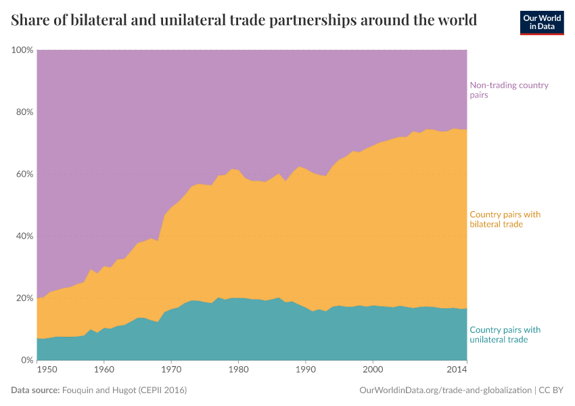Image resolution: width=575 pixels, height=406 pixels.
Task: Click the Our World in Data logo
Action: (x=541, y=22)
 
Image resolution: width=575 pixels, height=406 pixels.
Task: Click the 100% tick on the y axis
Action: (x=22, y=50)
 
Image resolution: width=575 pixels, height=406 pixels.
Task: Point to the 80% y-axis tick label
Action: (x=24, y=112)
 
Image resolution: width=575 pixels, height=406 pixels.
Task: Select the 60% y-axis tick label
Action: (x=24, y=174)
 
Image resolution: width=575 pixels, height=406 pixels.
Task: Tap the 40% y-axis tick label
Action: (x=24, y=236)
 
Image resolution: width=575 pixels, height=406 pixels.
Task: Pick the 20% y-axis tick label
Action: (x=24, y=298)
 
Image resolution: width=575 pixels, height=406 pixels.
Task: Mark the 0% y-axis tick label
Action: (x=27, y=360)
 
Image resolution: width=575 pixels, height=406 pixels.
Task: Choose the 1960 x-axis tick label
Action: (x=103, y=370)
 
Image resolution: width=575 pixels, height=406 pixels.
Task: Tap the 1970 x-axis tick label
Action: (x=171, y=370)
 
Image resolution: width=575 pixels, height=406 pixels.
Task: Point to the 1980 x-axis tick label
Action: (x=238, y=370)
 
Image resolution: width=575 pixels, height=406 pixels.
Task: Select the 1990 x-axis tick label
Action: (x=306, y=370)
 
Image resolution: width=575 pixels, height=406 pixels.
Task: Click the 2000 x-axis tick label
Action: (x=373, y=370)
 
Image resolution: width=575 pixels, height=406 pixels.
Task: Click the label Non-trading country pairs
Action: (x=509, y=90)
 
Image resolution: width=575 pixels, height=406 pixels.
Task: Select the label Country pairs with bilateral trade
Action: (x=505, y=219)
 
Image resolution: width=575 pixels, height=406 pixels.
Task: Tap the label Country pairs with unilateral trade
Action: (x=505, y=334)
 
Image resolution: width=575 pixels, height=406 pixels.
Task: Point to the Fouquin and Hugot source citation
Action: (x=124, y=390)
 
